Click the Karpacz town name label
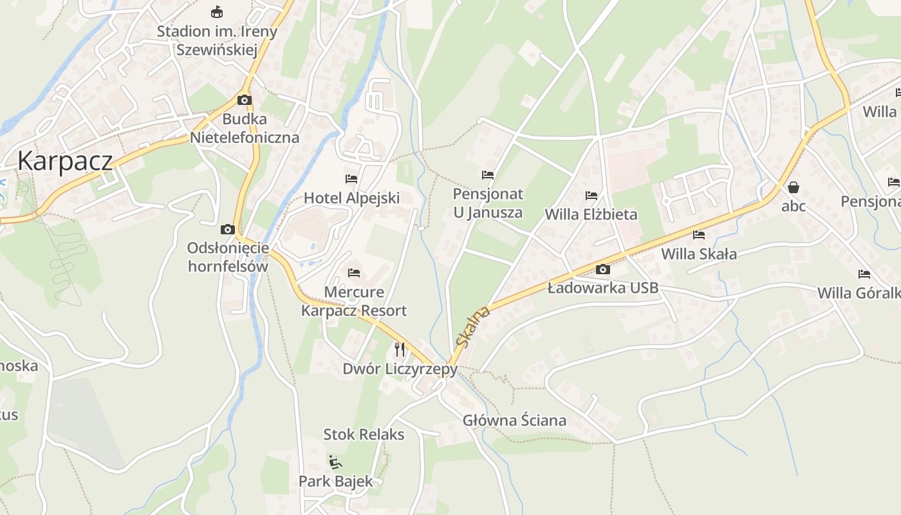pos(65,160)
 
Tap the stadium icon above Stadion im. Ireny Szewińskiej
pos(218,12)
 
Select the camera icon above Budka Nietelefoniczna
pos(244,100)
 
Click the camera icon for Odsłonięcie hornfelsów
pos(227,229)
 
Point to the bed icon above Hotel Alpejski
pos(351,178)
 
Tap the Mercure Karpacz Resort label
pos(354,301)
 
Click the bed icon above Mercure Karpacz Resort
pos(353,273)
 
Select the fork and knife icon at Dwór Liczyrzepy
pos(400,350)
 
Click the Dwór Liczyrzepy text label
pos(400,369)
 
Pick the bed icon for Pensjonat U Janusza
pos(488,174)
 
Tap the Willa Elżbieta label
pos(591,214)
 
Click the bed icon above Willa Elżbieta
pos(591,195)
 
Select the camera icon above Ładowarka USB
pos(603,269)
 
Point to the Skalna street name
pos(473,326)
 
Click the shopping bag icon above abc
pos(794,187)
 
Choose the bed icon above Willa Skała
pos(699,235)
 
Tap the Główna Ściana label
pos(514,420)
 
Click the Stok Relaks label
pos(364,435)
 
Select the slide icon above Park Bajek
pos(335,462)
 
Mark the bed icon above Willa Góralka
pos(864,274)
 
